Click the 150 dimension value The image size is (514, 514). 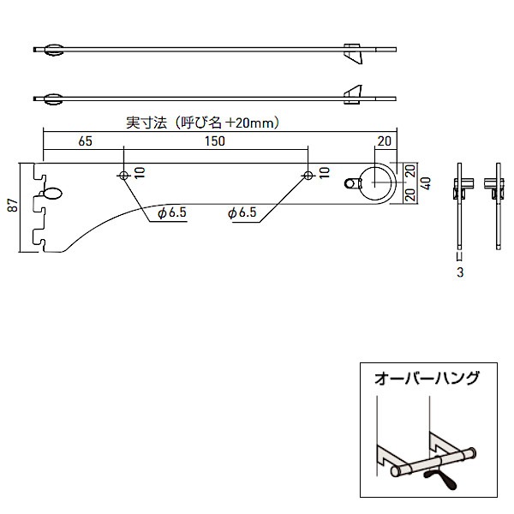tap(216, 142)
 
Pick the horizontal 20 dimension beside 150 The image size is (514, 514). tap(383, 142)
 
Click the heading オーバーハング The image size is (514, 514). tap(427, 377)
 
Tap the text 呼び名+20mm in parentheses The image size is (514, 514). tap(229, 123)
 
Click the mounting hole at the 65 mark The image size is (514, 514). tap(124, 175)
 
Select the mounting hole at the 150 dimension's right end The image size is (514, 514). tap(308, 175)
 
